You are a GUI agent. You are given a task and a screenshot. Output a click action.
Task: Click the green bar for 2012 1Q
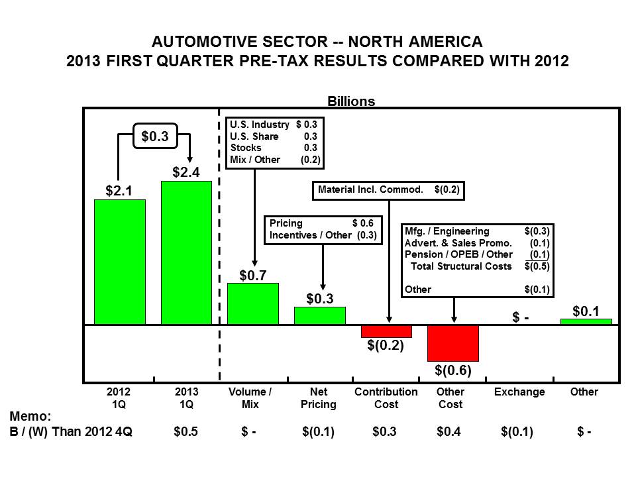[x=120, y=262]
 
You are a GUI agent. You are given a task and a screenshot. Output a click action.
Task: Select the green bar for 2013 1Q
[x=186, y=252]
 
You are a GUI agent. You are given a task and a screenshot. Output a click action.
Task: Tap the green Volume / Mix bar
[x=252, y=303]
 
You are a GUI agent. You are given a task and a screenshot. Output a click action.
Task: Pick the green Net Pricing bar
[x=319, y=315]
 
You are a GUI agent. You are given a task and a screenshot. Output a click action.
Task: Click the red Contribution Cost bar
[x=386, y=331]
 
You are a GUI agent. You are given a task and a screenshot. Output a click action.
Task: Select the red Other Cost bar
[x=453, y=343]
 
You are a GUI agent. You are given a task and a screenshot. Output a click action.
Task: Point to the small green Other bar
[x=586, y=321]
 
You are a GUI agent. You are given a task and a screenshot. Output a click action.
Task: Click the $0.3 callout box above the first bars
[x=155, y=136]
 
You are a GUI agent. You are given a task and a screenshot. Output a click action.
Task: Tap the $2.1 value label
[x=120, y=191]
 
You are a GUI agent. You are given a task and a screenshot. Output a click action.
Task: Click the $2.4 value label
[x=186, y=172]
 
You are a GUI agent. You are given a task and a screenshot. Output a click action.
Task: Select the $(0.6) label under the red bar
[x=453, y=370]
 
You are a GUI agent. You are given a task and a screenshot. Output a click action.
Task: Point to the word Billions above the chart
[x=351, y=101]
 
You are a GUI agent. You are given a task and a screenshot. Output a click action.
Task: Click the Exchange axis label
[x=519, y=392]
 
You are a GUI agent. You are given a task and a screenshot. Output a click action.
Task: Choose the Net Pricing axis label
[x=319, y=397]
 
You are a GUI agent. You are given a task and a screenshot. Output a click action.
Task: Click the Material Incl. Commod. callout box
[x=389, y=189]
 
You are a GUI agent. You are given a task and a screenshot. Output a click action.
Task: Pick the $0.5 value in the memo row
[x=185, y=431]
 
